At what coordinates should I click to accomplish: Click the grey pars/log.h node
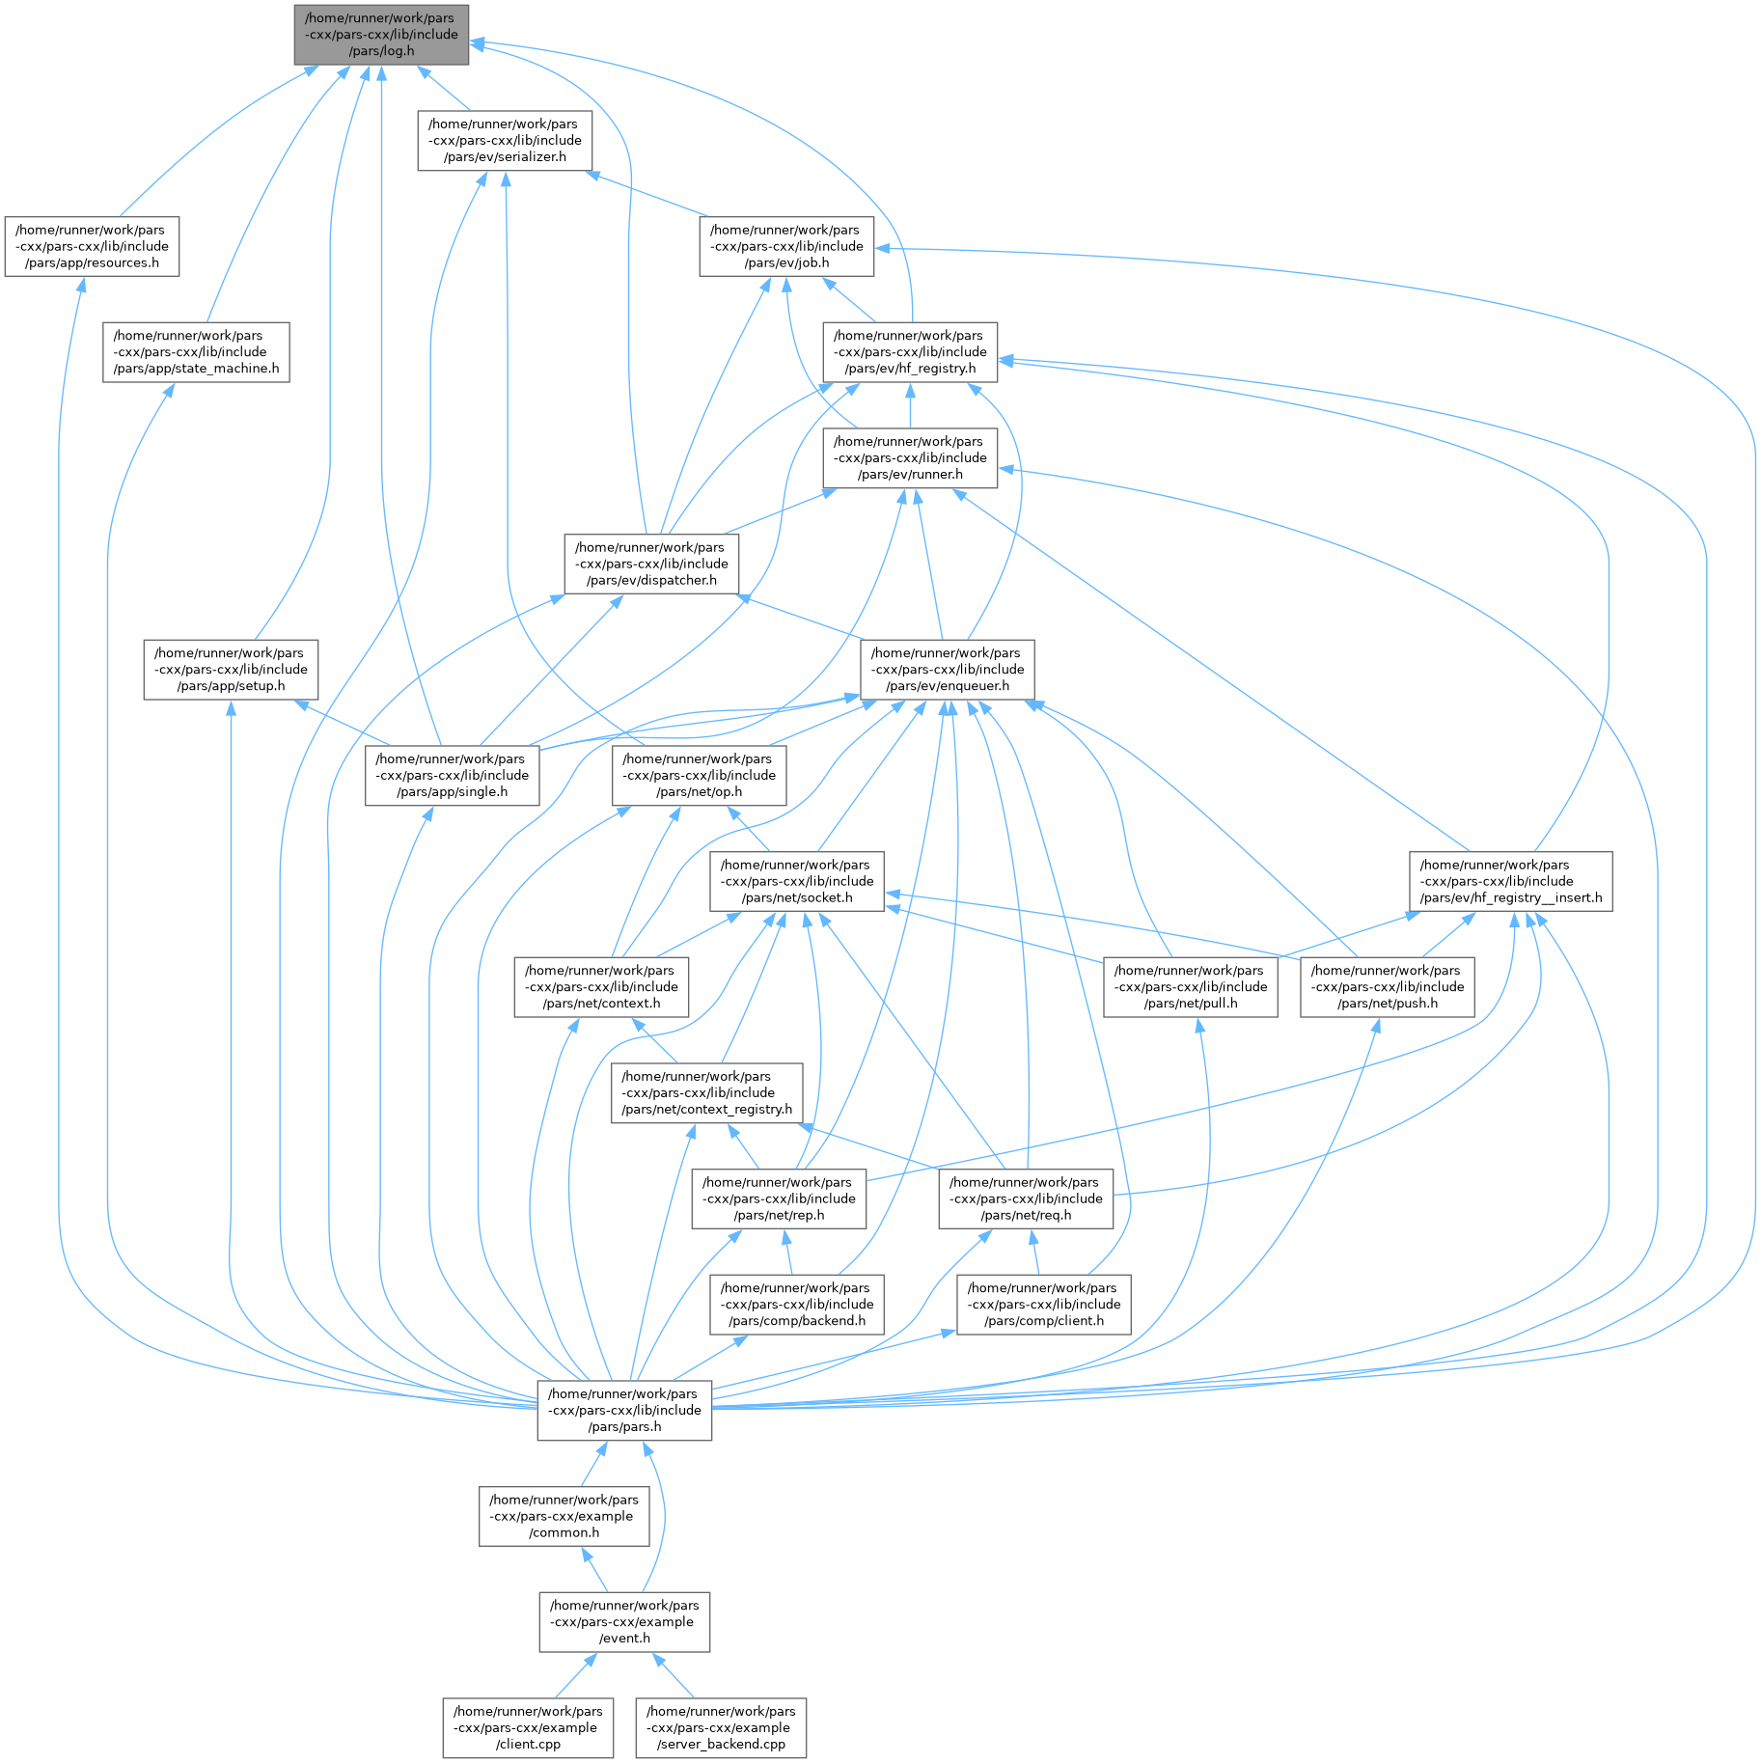tap(381, 35)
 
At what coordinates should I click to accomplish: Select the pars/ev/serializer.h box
tap(505, 141)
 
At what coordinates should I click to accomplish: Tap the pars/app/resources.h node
tap(92, 247)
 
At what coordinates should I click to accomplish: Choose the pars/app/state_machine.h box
tap(196, 353)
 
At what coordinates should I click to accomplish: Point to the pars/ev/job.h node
tap(786, 247)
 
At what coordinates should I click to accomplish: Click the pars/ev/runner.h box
tap(910, 458)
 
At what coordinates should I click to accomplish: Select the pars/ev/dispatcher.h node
tap(651, 565)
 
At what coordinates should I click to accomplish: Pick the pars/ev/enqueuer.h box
tap(947, 670)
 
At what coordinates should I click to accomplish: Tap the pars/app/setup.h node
tap(231, 670)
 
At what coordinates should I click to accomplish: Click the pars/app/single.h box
tap(452, 776)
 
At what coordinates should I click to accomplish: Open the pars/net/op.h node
tap(699, 776)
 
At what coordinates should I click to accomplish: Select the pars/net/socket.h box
tap(796, 882)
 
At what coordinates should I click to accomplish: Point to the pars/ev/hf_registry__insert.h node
tap(1510, 882)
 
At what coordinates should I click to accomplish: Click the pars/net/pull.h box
tap(1190, 987)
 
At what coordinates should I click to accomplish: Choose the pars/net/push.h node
tap(1387, 987)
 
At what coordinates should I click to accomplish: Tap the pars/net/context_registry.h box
tap(707, 1093)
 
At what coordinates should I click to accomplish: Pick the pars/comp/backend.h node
tap(796, 1305)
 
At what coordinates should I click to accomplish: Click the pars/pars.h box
tap(624, 1411)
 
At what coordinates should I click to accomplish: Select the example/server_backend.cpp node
tap(721, 1728)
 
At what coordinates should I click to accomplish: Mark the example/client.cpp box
tap(528, 1728)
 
